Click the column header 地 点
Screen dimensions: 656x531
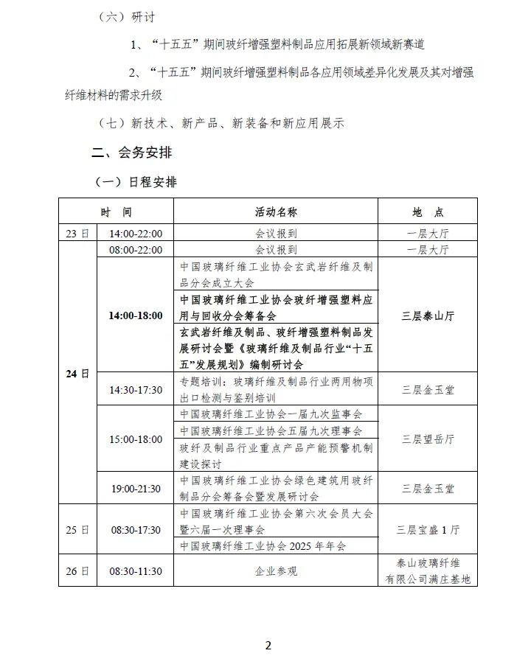tap(428, 212)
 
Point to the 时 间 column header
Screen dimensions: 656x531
tap(117, 212)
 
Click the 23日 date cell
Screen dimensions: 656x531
tap(77, 234)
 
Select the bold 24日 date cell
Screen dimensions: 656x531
tap(77, 374)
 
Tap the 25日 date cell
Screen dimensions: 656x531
tap(77, 529)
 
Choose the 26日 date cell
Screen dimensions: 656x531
tap(77, 570)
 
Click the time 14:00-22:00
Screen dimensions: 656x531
tap(136, 234)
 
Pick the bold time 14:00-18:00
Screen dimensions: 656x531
tap(136, 315)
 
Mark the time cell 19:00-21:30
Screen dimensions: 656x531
tap(136, 488)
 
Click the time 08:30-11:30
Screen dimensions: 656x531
tap(136, 570)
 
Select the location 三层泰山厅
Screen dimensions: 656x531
tap(428, 315)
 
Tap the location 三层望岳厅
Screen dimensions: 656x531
tap(428, 439)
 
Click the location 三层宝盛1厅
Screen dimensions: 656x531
tap(428, 529)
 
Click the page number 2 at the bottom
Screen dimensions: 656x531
tap(268, 645)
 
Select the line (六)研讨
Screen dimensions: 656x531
tap(126, 17)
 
